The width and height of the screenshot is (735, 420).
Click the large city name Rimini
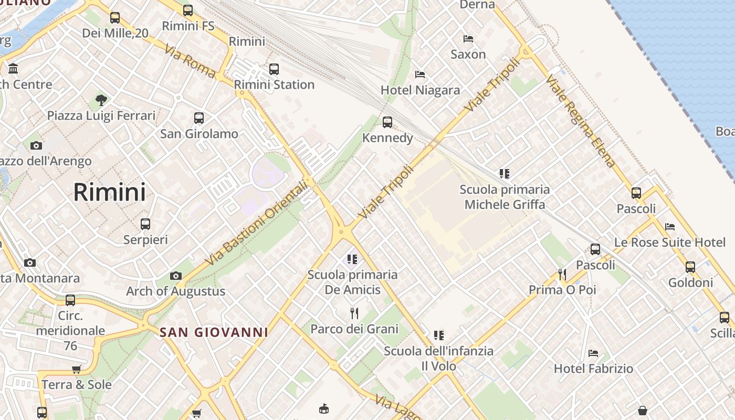click(109, 192)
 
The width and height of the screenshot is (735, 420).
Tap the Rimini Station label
click(274, 85)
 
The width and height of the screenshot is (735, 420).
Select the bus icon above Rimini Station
click(274, 69)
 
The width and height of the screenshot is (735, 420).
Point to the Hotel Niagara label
click(420, 90)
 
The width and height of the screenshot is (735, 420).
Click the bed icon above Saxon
click(468, 39)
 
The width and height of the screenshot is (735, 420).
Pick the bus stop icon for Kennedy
click(387, 122)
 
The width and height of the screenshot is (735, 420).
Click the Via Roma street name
click(190, 61)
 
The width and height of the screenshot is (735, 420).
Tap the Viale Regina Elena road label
click(580, 121)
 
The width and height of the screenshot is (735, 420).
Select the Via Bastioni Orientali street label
click(255, 223)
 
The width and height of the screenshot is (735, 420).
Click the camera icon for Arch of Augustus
click(176, 276)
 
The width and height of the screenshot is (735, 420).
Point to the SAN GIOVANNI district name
click(214, 332)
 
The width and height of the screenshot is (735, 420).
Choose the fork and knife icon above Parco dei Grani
click(354, 313)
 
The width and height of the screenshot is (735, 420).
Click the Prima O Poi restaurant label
click(562, 290)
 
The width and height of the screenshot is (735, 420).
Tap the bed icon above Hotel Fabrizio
click(593, 353)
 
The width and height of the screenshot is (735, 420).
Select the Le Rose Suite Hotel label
click(670, 243)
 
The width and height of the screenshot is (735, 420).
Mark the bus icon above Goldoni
click(690, 267)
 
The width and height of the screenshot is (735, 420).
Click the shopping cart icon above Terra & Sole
click(77, 369)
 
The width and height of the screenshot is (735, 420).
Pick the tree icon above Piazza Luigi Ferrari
click(101, 100)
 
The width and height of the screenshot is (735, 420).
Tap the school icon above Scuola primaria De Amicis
click(352, 259)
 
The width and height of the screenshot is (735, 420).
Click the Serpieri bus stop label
click(145, 240)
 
